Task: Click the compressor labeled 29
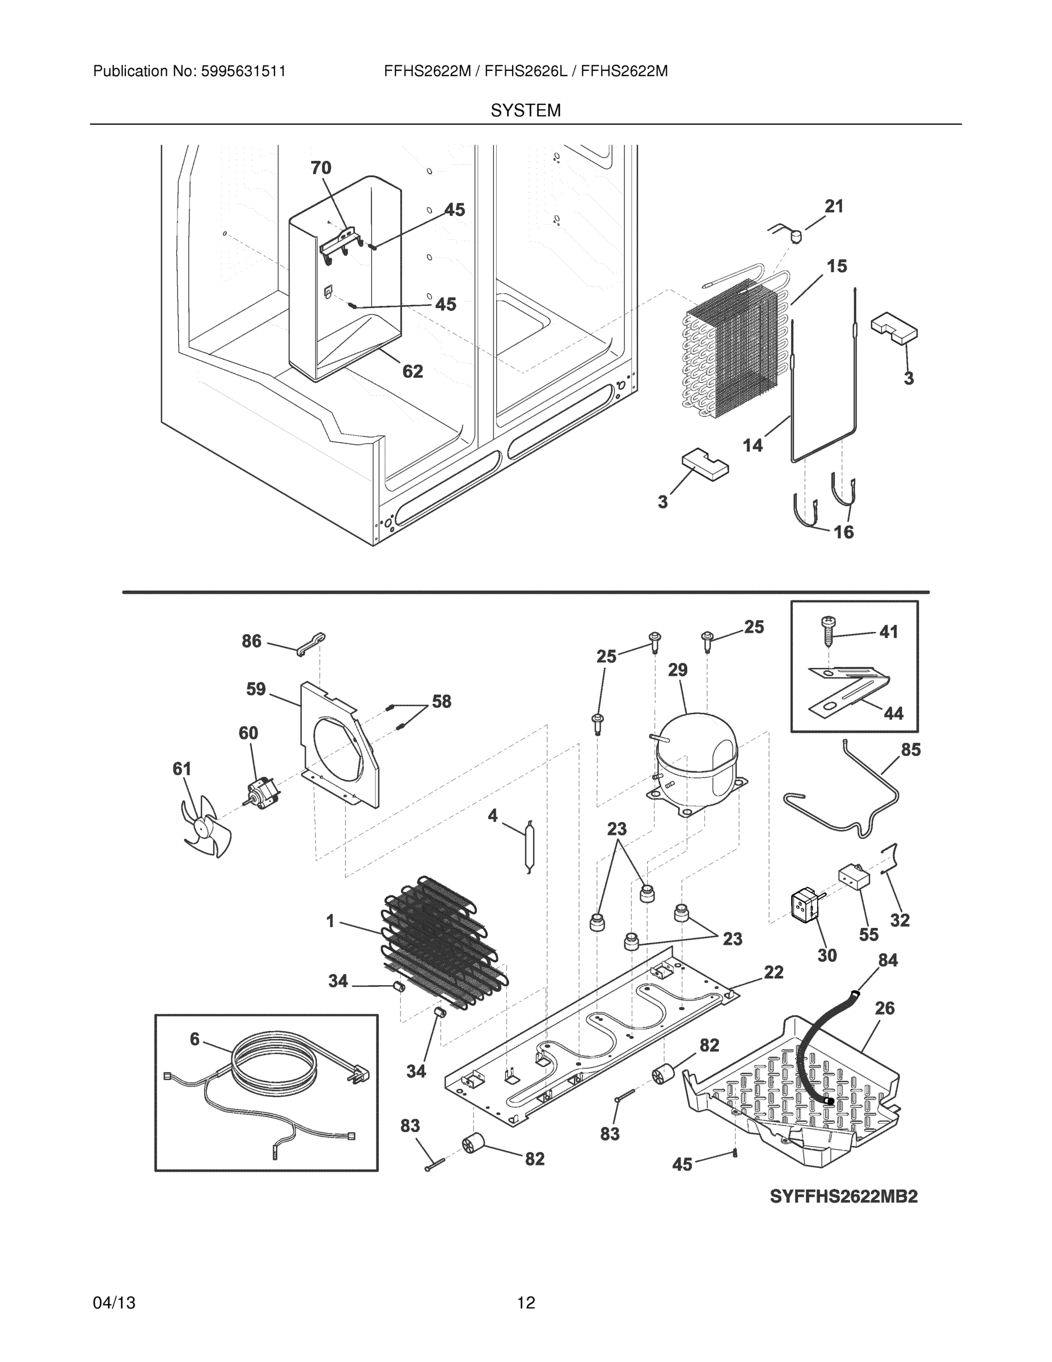click(696, 761)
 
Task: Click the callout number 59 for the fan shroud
click(256, 689)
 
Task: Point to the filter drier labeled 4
click(529, 846)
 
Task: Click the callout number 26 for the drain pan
click(884, 1008)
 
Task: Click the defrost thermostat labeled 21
click(795, 236)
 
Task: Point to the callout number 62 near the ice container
click(412, 372)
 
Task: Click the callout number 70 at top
click(321, 168)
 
